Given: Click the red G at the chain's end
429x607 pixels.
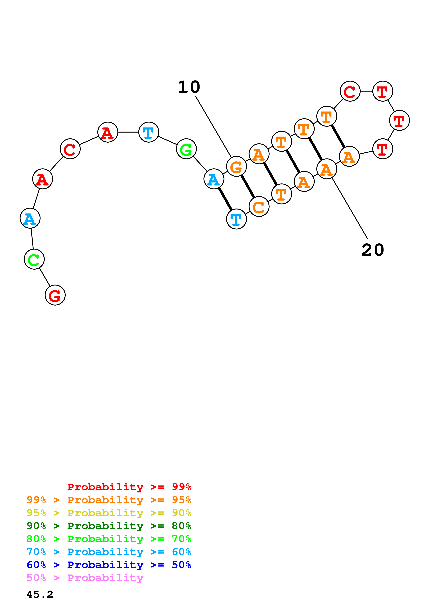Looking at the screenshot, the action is (x=55, y=295).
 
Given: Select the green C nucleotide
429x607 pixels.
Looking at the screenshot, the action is (x=34, y=259).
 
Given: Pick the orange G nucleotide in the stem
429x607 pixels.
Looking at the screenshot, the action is (x=237, y=166).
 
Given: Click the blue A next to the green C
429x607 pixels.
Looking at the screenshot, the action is (x=30, y=218).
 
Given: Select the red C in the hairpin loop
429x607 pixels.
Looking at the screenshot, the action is (x=350, y=91).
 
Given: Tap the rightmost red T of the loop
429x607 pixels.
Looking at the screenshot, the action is (x=399, y=120).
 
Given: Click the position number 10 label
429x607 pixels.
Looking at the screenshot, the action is (x=189, y=87).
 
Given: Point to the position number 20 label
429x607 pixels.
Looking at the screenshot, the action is (x=373, y=250).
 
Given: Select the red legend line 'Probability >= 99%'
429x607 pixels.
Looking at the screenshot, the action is (x=129, y=487).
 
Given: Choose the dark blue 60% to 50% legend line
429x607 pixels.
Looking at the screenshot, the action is (x=109, y=565).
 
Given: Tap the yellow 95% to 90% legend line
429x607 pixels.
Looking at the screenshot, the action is (x=109, y=513).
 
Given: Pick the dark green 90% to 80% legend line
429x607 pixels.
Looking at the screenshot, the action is (x=109, y=526).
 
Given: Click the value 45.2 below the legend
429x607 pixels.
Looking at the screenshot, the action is (x=40, y=594).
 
